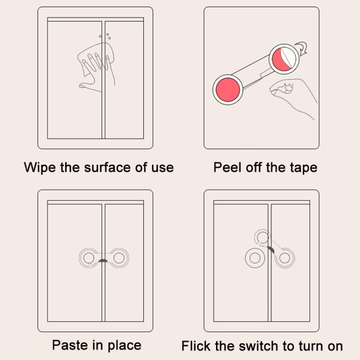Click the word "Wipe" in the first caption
tap(39, 168)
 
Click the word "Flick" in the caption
tap(196, 346)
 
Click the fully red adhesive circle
tap(228, 90)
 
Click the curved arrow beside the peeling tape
tap(302, 48)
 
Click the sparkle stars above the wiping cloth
tap(105, 36)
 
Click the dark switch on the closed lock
tap(103, 261)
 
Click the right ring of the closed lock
tap(124, 258)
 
